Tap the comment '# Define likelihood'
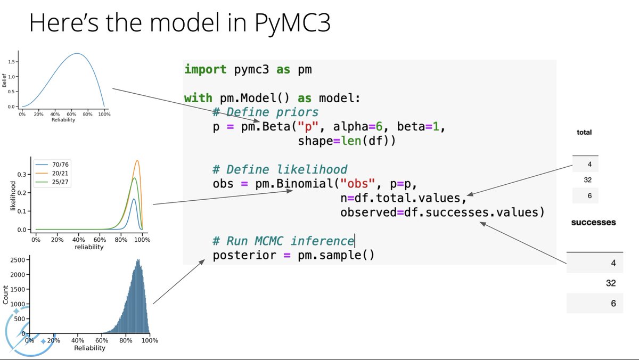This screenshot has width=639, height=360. click(x=280, y=169)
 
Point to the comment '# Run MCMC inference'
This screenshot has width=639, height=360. click(x=283, y=241)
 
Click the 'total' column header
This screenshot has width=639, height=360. click(x=584, y=132)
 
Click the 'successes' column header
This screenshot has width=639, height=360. click(x=593, y=222)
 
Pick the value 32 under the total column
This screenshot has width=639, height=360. click(x=587, y=179)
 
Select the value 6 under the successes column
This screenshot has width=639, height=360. click(x=613, y=303)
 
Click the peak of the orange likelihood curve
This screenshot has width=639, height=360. click(x=137, y=160)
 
